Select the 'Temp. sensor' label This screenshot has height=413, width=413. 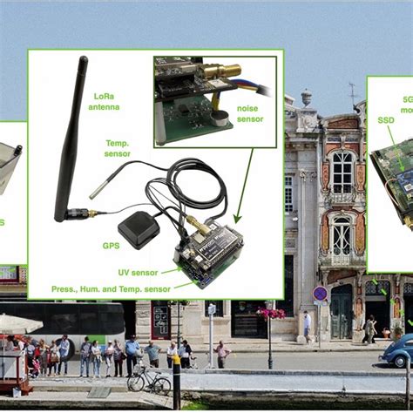[x=118, y=148]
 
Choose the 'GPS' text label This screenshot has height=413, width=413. [x=111, y=246]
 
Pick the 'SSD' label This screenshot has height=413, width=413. [x=385, y=120]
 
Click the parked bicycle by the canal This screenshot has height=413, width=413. [x=148, y=379]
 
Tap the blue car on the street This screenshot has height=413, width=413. [x=396, y=351]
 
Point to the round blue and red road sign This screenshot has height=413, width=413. [x=320, y=294]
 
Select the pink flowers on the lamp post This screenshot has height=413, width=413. [x=271, y=313]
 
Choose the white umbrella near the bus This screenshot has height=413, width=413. [x=20, y=323]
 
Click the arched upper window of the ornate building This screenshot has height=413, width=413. [x=342, y=171]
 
